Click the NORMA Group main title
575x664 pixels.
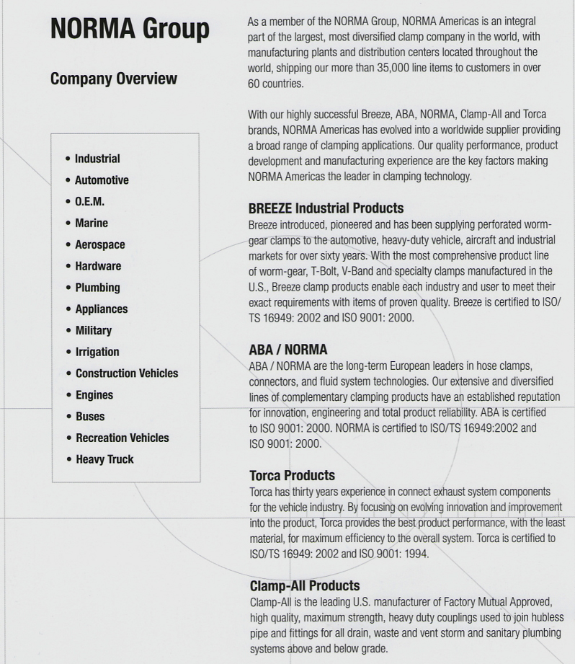(130, 30)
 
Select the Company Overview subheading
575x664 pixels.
(113, 79)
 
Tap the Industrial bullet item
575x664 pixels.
(97, 159)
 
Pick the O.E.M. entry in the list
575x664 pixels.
(89, 202)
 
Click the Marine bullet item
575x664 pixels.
(92, 223)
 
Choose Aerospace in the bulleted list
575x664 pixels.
(99, 245)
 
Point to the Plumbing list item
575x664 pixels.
(97, 288)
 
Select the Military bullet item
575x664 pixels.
(94, 331)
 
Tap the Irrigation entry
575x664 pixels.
(97, 353)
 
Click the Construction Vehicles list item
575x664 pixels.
(126, 373)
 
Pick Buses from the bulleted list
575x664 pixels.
(90, 417)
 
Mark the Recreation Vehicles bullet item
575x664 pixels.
(122, 438)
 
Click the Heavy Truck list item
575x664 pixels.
(104, 459)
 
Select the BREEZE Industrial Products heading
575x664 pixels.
(325, 209)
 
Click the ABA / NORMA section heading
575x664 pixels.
(287, 350)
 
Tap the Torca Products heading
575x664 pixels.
(292, 476)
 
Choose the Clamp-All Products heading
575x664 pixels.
(304, 585)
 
